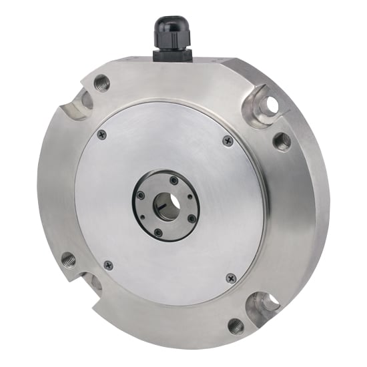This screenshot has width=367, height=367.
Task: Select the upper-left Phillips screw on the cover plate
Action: click(x=101, y=134)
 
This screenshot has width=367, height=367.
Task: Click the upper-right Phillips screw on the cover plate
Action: click(x=228, y=140)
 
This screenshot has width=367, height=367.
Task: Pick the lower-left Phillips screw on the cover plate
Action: click(x=108, y=265)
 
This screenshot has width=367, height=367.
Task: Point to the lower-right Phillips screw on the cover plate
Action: click(x=232, y=278)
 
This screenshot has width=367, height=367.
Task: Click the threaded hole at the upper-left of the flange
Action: click(x=101, y=83)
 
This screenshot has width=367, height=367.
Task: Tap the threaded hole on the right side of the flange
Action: click(x=282, y=141)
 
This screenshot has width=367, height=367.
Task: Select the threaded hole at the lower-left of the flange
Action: click(x=68, y=259)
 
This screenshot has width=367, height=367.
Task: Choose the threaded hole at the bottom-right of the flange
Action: click(x=236, y=326)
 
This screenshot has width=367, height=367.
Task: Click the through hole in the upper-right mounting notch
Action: click(x=270, y=105)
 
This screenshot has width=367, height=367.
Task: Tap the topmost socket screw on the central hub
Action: click(x=174, y=180)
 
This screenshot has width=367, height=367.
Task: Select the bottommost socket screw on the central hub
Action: click(x=158, y=232)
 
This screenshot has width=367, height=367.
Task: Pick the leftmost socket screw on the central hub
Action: click(x=141, y=195)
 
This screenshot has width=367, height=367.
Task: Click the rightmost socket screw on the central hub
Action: click(x=192, y=218)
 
